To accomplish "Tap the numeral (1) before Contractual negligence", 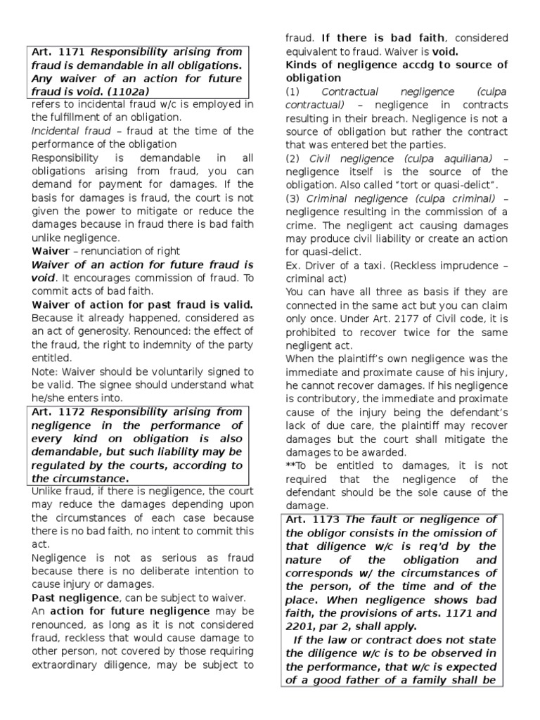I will [292, 92].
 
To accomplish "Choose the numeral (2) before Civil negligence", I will [292, 159].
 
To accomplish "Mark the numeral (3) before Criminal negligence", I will [292, 199].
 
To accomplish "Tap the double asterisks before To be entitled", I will [290, 466].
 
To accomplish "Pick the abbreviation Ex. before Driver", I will [293, 265].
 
